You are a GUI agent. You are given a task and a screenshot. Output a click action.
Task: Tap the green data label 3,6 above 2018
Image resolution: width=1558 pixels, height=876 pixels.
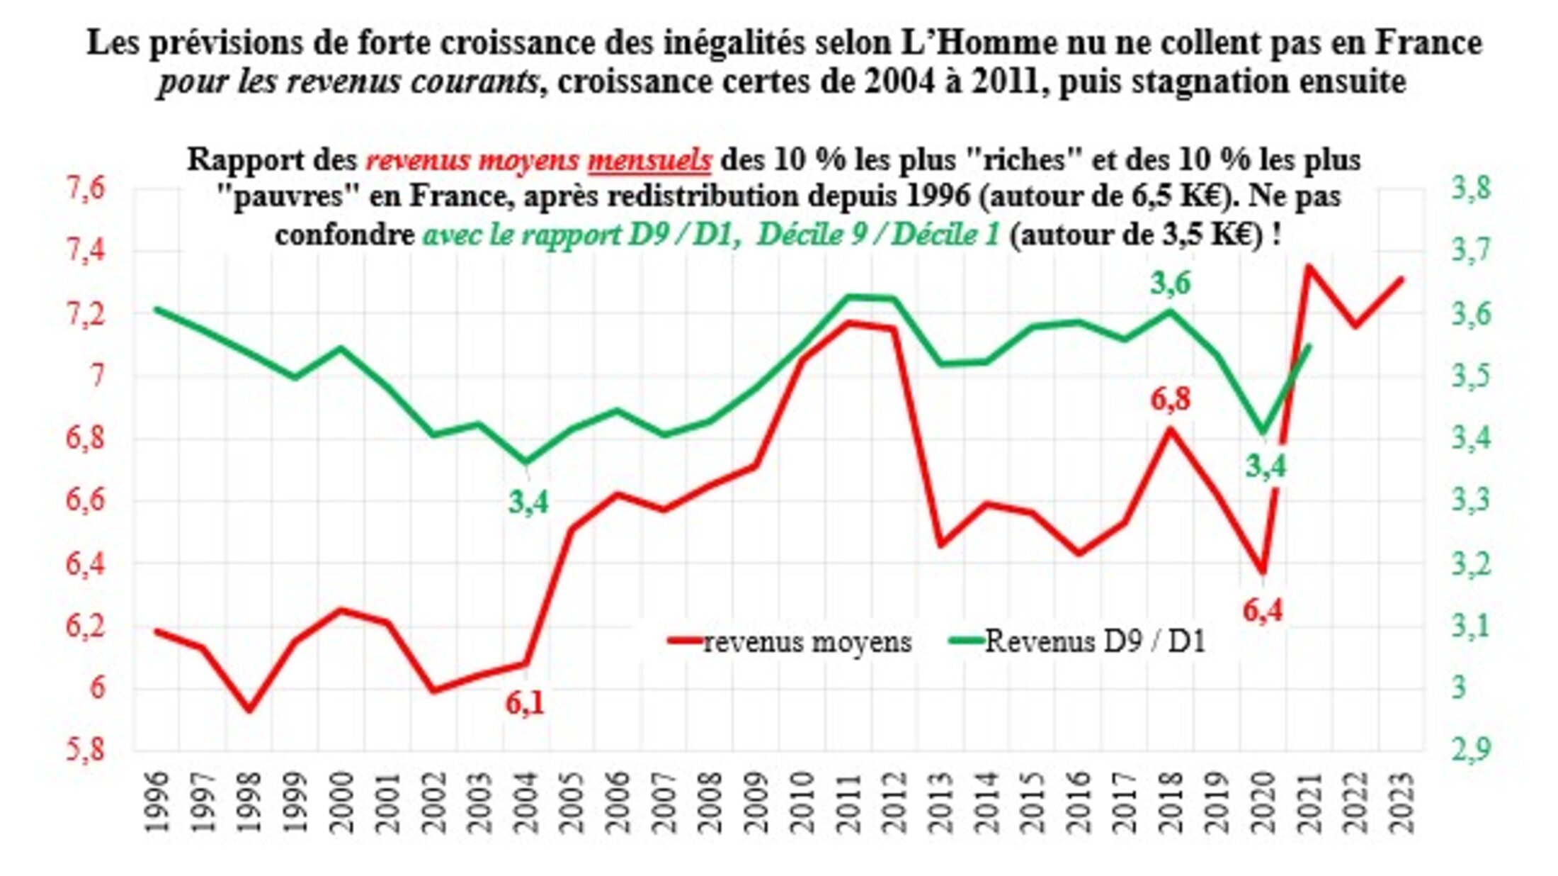tap(1170, 284)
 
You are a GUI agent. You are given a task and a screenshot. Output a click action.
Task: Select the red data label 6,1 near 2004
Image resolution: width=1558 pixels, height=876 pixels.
tap(525, 704)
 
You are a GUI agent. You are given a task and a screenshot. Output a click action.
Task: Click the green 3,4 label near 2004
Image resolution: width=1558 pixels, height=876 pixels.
tap(528, 502)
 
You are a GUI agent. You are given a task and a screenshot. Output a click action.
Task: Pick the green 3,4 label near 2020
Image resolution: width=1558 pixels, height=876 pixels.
tap(1266, 466)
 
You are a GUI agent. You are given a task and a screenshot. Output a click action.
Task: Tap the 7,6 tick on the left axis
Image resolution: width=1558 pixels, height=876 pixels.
tap(85, 190)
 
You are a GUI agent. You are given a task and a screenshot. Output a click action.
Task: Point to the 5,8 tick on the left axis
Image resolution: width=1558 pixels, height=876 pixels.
tap(85, 750)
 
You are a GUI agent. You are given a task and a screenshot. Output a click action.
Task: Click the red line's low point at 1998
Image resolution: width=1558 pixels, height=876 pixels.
tap(249, 710)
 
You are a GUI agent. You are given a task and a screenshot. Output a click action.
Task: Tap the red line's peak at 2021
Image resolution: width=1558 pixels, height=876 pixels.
tap(1309, 266)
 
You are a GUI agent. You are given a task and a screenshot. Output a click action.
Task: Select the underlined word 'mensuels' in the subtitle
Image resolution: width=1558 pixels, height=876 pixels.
tap(649, 160)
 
